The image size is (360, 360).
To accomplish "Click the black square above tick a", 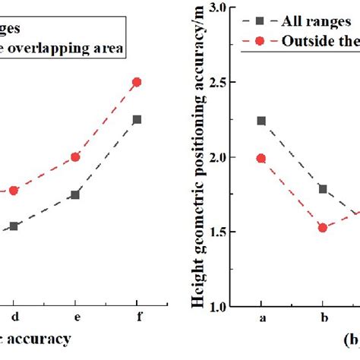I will [x=261, y=121].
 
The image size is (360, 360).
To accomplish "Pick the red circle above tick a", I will [x=261, y=158].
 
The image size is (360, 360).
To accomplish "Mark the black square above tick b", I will [x=323, y=189].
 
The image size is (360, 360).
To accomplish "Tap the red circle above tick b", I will [x=323, y=227].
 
